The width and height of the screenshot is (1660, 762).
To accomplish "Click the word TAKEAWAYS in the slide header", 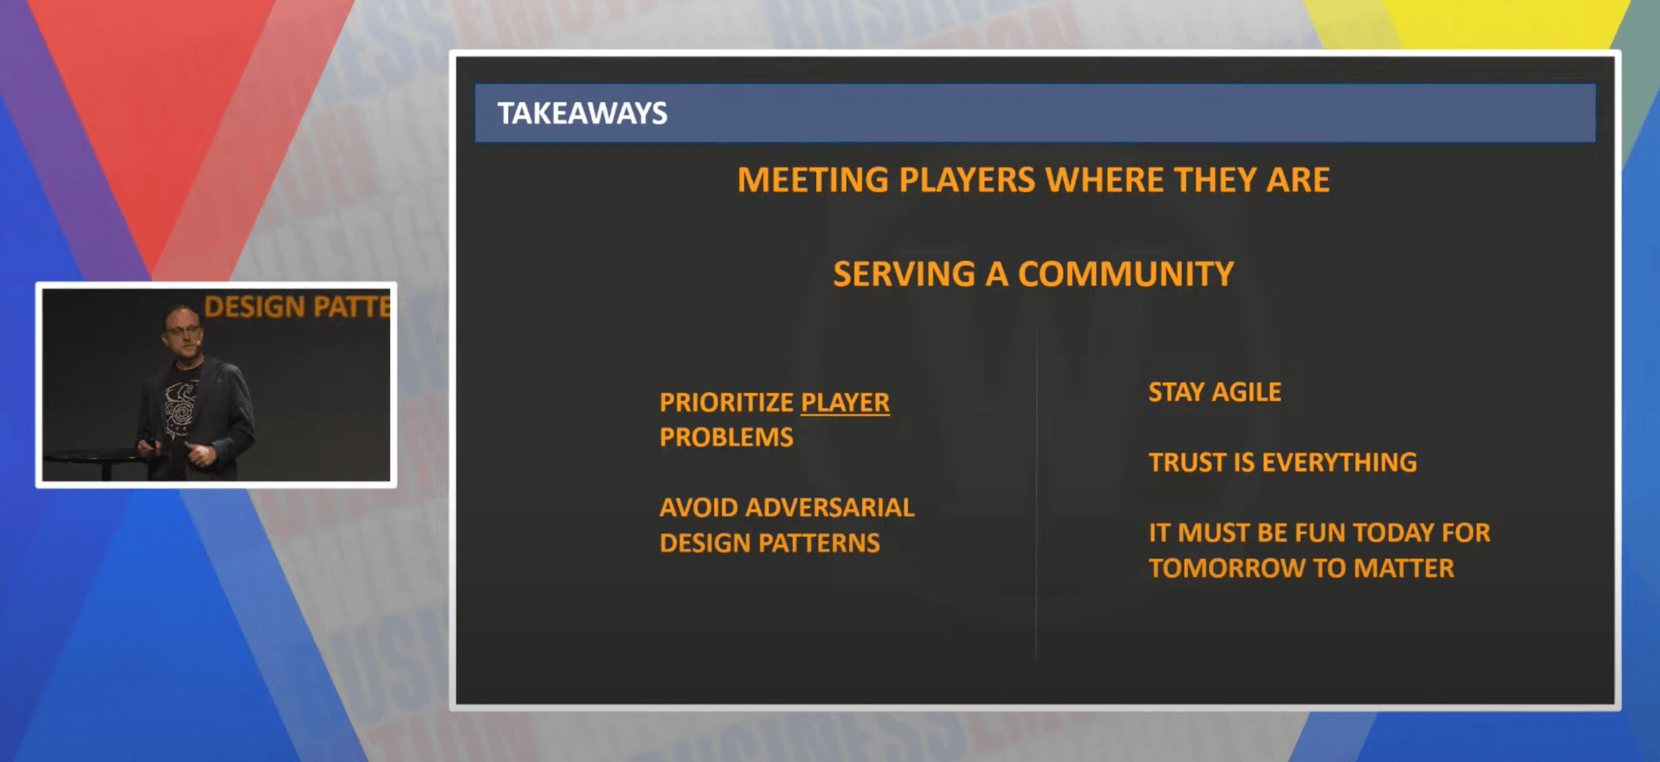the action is (x=582, y=113).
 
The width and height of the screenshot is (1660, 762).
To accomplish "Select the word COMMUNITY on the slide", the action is (x=1125, y=274).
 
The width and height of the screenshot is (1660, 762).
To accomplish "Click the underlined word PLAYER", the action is (x=845, y=403).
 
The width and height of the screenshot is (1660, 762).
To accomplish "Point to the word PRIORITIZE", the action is (x=727, y=403).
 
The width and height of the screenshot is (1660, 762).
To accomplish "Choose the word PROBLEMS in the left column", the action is (x=727, y=437).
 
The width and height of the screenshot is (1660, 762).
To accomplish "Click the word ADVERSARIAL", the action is (x=830, y=507).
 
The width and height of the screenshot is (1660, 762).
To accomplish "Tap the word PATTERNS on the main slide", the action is (x=819, y=543).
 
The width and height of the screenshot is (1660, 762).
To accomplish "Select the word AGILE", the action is (x=1246, y=392).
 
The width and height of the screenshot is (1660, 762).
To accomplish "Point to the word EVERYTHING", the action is (x=1339, y=462).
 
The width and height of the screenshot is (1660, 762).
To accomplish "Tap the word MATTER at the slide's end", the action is (x=1404, y=568).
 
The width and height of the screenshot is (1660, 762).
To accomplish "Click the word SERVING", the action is (x=905, y=274).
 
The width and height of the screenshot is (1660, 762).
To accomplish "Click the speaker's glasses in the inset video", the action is (x=183, y=330).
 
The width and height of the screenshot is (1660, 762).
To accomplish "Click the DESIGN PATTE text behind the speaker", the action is (x=297, y=307).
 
